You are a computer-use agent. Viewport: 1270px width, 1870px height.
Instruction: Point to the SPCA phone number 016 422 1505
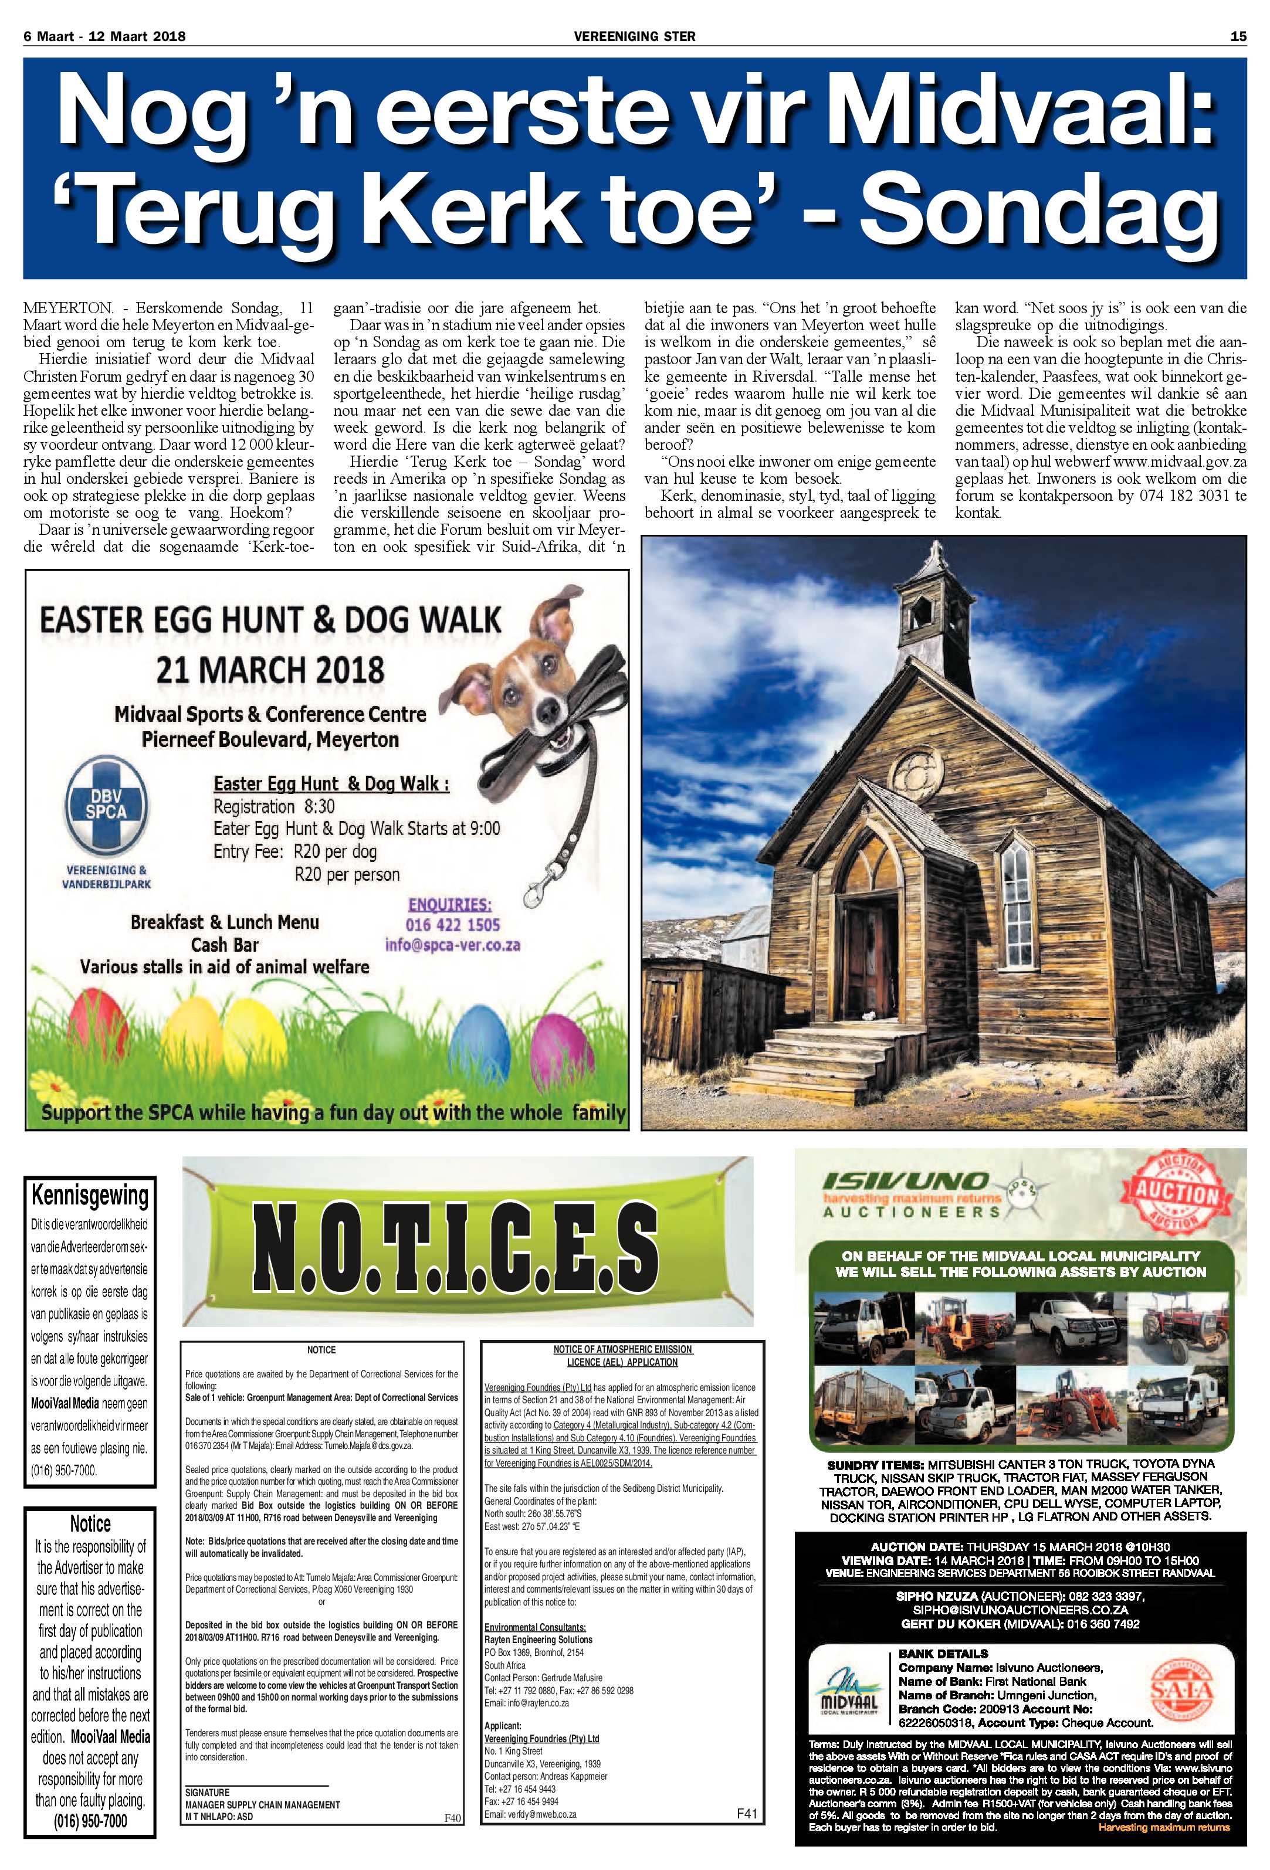tap(453, 925)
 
